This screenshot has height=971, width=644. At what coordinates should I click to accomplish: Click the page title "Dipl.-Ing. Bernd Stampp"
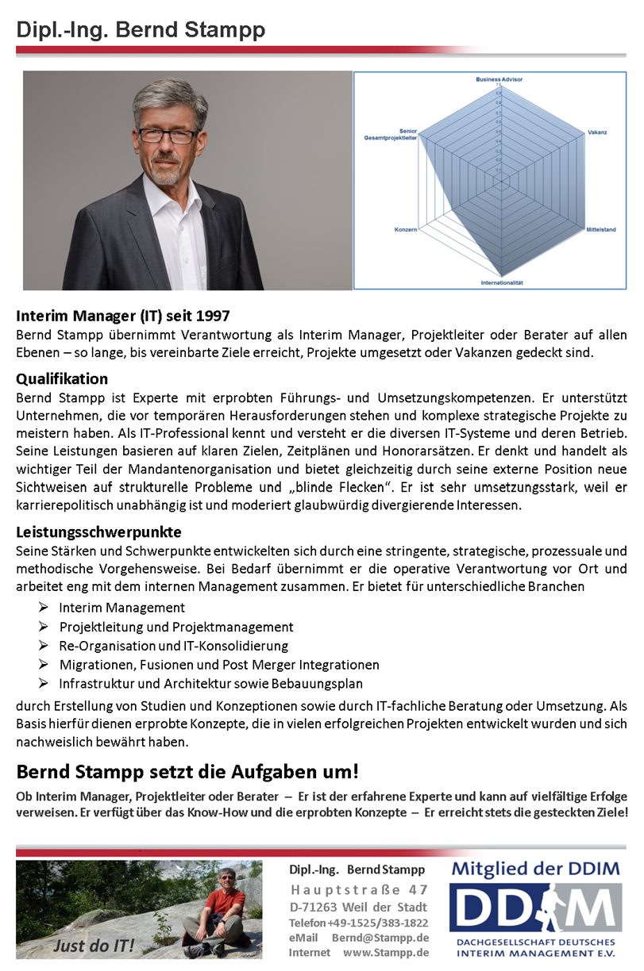pyautogui.click(x=141, y=30)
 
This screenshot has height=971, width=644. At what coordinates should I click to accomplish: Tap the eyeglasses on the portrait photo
pyautogui.click(x=168, y=136)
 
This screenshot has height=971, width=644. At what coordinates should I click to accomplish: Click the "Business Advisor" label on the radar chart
pyautogui.click(x=499, y=80)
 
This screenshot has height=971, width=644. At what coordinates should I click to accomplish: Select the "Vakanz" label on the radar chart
pyautogui.click(x=597, y=132)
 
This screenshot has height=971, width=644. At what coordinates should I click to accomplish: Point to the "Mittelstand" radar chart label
pyautogui.click(x=601, y=229)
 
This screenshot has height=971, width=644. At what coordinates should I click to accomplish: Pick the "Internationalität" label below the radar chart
pyautogui.click(x=502, y=282)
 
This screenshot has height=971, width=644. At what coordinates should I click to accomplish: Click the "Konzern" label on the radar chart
pyautogui.click(x=405, y=229)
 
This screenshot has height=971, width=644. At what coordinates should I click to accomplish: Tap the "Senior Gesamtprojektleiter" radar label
pyautogui.click(x=391, y=135)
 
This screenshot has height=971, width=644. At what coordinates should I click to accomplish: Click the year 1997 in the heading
pyautogui.click(x=214, y=316)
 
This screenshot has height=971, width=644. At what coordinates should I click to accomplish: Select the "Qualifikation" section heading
pyautogui.click(x=62, y=378)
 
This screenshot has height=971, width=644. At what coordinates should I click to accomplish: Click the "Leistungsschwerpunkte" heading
pyautogui.click(x=99, y=532)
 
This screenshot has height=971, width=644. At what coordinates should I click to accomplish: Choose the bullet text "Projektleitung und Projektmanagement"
pyautogui.click(x=176, y=627)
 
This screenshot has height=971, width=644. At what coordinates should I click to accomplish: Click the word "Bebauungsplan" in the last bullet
pyautogui.click(x=322, y=684)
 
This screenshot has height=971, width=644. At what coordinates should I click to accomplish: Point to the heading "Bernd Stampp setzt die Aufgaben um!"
pyautogui.click(x=187, y=770)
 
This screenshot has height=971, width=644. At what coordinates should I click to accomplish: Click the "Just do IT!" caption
pyautogui.click(x=94, y=946)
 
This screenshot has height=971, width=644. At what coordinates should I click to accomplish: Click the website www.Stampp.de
pyautogui.click(x=386, y=953)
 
